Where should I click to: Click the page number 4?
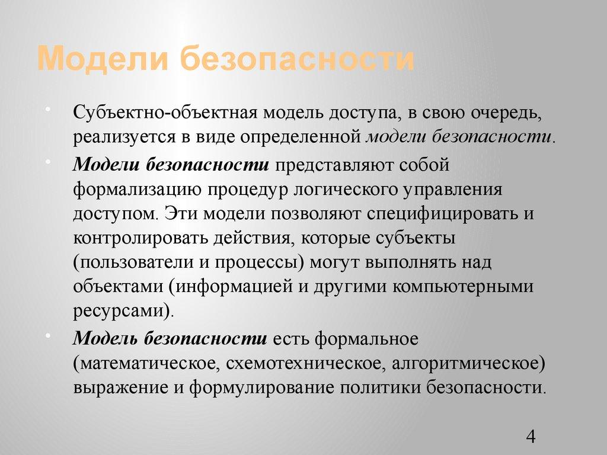tap(531, 437)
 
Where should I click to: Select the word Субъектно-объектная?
tap(156, 113)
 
